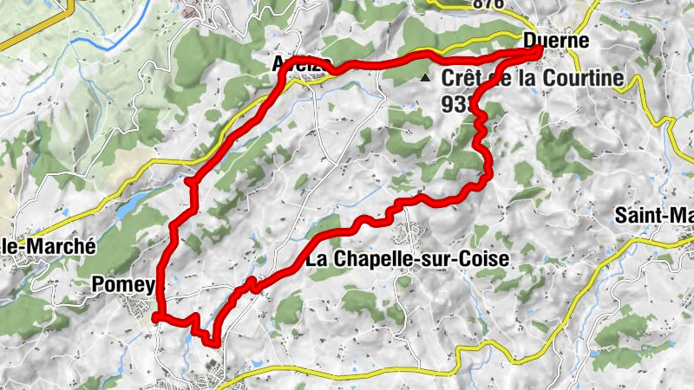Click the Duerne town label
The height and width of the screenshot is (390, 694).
pyautogui.click(x=556, y=41)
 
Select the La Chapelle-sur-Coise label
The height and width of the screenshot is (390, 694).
pyautogui.click(x=407, y=258)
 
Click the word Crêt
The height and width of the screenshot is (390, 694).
pyautogui.click(x=461, y=79)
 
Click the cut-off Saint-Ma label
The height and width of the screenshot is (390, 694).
pyautogui.click(x=653, y=215)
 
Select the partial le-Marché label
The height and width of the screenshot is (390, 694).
pyautogui.click(x=47, y=245)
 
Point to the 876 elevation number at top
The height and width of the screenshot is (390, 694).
pyautogui.click(x=488, y=4)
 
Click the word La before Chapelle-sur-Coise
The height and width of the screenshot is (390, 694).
pyautogui.click(x=317, y=258)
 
